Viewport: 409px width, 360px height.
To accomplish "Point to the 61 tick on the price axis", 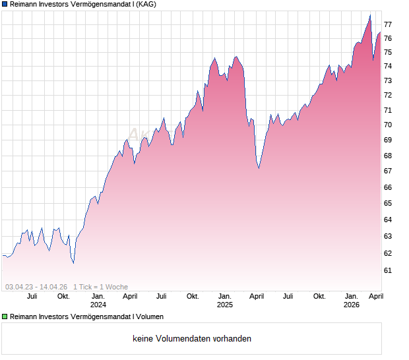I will coord(389,270).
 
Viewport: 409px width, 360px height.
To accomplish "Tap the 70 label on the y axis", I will coord(389,125).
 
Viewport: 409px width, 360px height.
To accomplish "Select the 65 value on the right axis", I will coord(389,203).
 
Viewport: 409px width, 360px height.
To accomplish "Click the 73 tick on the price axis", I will coord(389,80).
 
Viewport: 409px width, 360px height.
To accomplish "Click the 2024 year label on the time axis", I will coord(98,305).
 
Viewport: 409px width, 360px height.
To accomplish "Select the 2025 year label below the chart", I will coord(225,305).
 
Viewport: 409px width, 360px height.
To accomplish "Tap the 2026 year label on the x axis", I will coord(352,305).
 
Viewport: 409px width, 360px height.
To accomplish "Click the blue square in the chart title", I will coord(5,5).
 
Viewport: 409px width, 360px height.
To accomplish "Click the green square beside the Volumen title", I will coord(5,317).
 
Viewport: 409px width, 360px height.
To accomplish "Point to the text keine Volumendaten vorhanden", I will coord(192,339).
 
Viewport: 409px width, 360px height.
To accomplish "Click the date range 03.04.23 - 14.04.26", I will coord(36,287).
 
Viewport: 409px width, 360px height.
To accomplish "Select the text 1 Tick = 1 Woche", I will coord(100,287).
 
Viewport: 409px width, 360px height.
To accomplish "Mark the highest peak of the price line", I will coord(370,15).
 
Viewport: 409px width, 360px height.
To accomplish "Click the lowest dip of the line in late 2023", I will coord(73,262).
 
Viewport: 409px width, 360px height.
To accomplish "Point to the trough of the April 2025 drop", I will coord(259,168).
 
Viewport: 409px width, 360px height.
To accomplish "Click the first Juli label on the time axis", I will coord(32,296).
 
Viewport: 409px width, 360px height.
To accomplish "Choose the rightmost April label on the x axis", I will coord(375,296).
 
